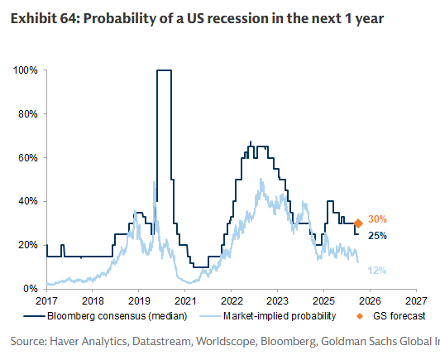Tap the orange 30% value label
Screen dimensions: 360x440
(x=378, y=219)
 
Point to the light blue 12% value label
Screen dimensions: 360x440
(x=378, y=271)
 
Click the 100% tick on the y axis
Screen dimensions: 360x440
(x=25, y=70)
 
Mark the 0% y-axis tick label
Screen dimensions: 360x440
(x=30, y=288)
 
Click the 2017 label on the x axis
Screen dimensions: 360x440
(x=46, y=301)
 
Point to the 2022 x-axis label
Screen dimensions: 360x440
(x=232, y=301)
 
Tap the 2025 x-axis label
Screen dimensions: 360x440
(x=324, y=301)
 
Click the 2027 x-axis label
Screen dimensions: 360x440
(x=416, y=301)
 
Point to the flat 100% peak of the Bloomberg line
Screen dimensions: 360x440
(x=164, y=71)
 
